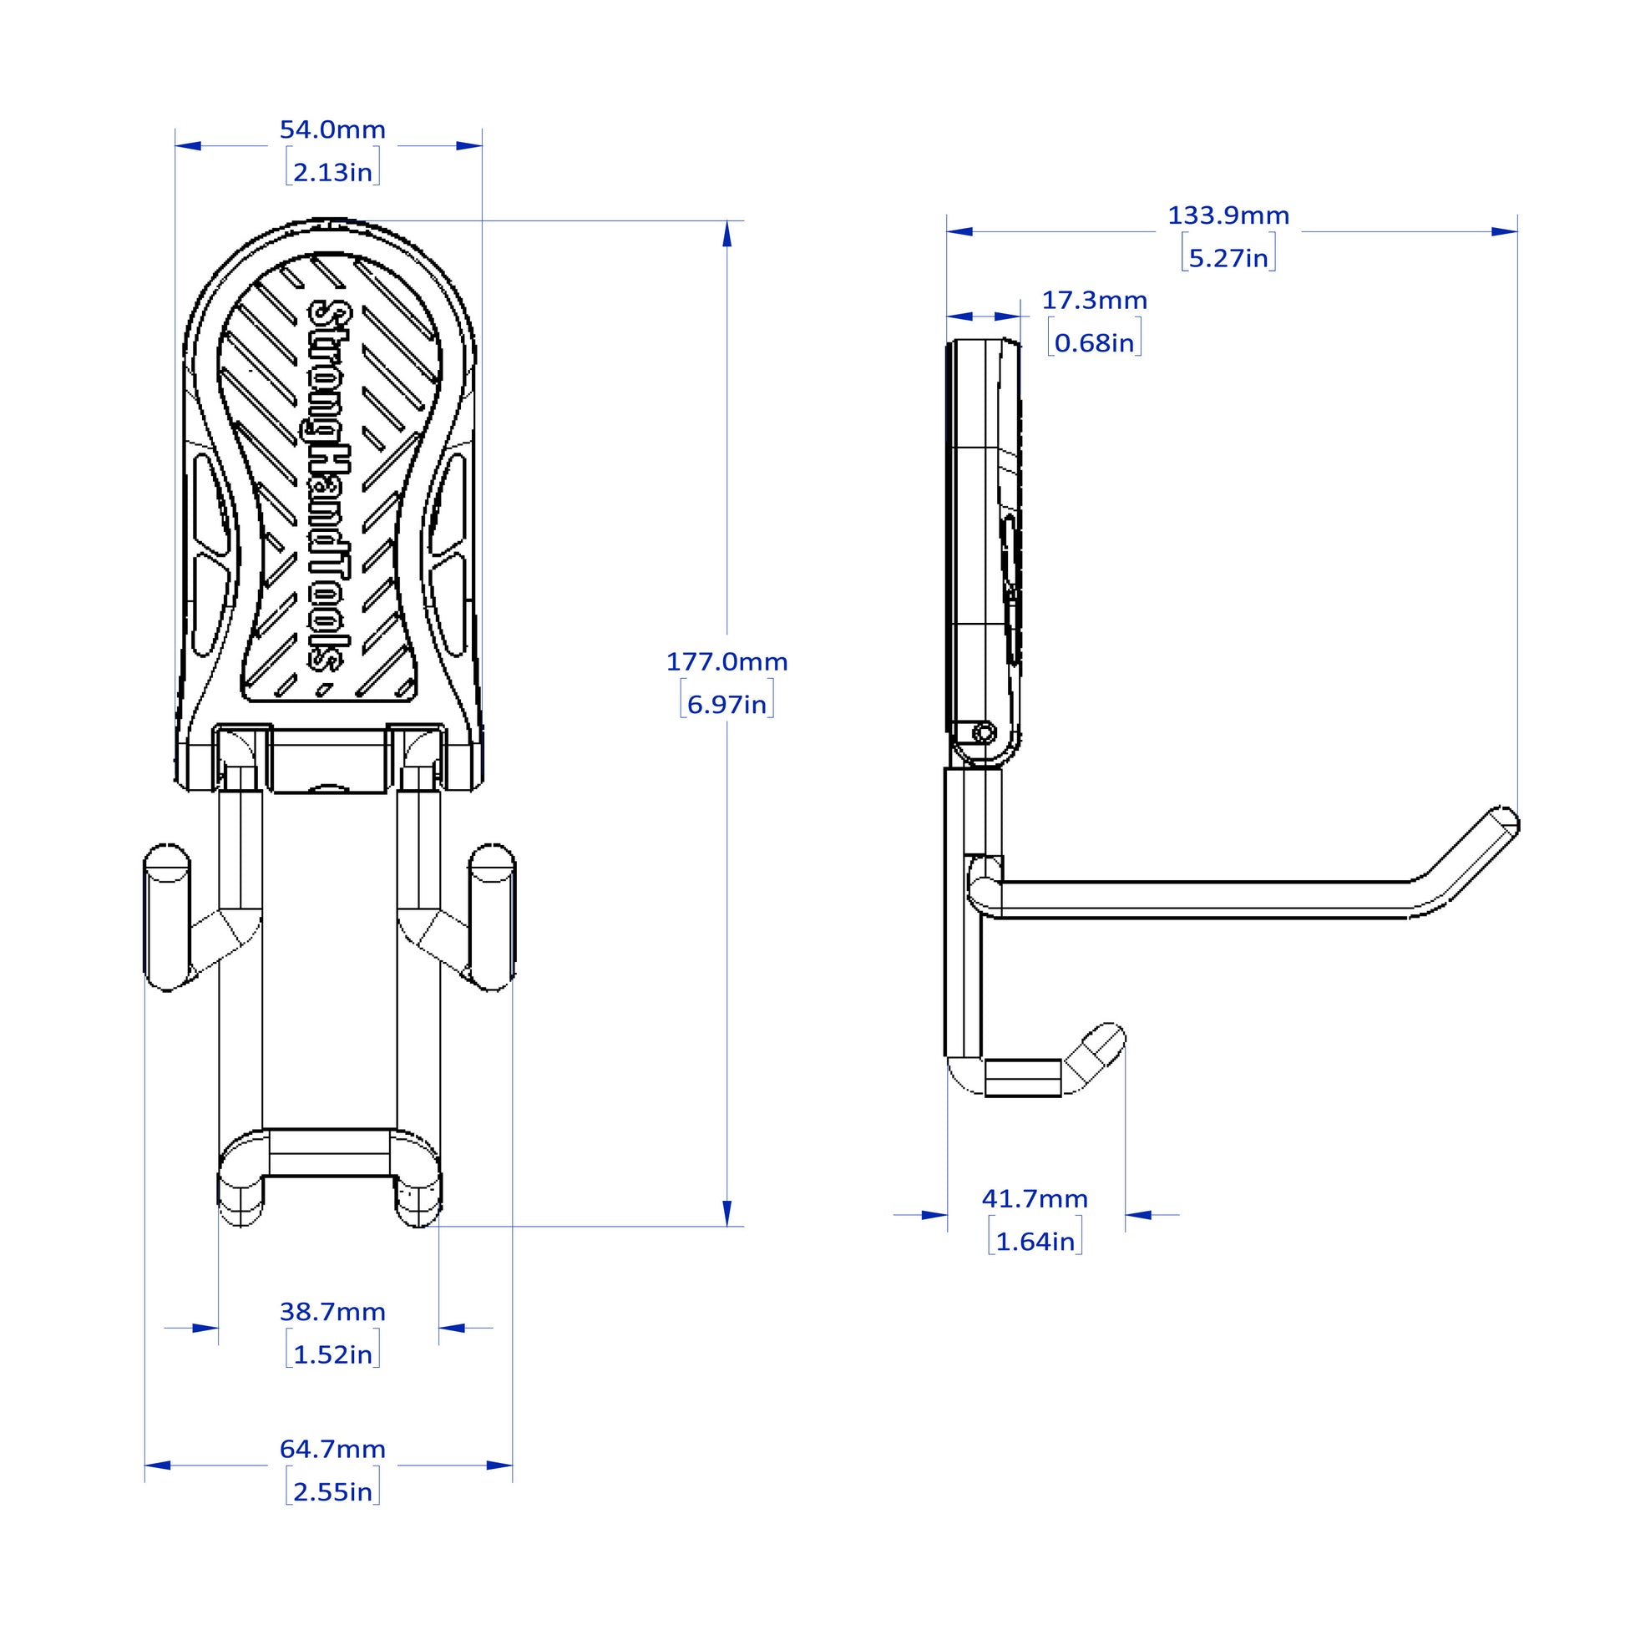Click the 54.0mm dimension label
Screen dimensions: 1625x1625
(x=332, y=130)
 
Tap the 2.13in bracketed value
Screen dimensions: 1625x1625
(x=332, y=172)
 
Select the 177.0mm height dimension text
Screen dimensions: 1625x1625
(x=726, y=662)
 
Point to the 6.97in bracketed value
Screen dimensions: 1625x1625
(x=726, y=704)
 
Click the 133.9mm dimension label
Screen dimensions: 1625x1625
(x=1228, y=216)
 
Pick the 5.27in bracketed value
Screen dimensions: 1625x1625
(x=1228, y=258)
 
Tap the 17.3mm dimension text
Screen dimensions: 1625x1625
(x=1094, y=301)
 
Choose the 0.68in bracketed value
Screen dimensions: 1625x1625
(x=1094, y=343)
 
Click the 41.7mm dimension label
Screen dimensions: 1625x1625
(x=1035, y=1198)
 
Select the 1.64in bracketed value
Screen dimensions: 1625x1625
(x=1035, y=1242)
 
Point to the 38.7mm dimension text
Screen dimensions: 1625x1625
(x=332, y=1312)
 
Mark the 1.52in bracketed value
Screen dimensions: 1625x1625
(x=332, y=1355)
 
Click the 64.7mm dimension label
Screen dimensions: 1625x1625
(x=332, y=1449)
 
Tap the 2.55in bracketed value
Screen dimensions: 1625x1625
(x=332, y=1492)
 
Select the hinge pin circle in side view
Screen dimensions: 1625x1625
(x=984, y=732)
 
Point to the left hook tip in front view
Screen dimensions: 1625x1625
(x=166, y=862)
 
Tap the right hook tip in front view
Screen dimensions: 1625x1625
(x=492, y=862)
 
